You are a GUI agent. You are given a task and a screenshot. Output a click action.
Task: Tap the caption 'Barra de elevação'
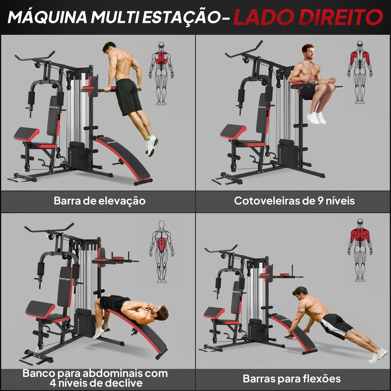pyautogui.click(x=99, y=200)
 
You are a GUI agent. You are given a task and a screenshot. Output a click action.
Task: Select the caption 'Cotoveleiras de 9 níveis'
pyautogui.click(x=294, y=200)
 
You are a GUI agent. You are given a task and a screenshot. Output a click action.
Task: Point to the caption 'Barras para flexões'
pyautogui.click(x=292, y=379)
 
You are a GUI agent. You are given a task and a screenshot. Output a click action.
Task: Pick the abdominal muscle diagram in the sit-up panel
pyautogui.click(x=161, y=251)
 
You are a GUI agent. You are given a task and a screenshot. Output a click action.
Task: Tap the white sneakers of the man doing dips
pyautogui.click(x=151, y=144)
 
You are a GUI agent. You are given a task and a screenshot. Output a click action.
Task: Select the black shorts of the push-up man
pyautogui.click(x=337, y=325)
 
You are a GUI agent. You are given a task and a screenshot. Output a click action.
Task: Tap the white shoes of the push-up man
pyautogui.click(x=378, y=356)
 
